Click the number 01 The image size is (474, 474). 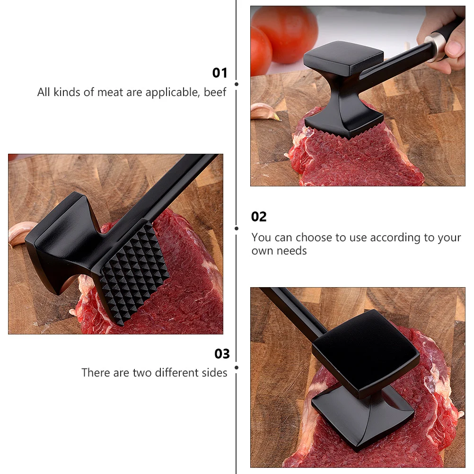[x=220, y=73]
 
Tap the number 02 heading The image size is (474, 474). [x=259, y=217]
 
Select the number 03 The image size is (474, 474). [x=222, y=354]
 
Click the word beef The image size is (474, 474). [x=215, y=92]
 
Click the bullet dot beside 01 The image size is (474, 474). [x=237, y=84]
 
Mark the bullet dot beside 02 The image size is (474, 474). [x=237, y=228]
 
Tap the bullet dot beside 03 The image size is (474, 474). [x=237, y=367]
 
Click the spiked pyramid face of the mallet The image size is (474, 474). [x=134, y=272]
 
